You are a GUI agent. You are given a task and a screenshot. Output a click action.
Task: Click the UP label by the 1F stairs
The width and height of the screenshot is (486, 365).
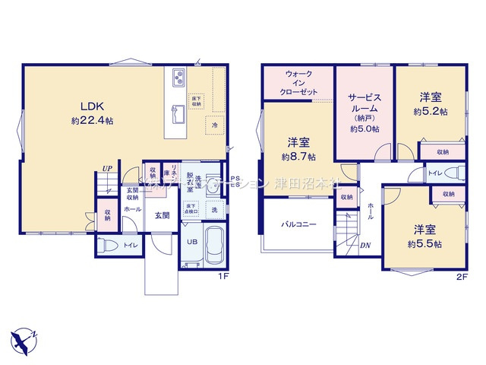pos(108,170)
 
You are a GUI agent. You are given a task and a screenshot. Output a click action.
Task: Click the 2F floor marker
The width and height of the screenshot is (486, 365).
pos(461,277)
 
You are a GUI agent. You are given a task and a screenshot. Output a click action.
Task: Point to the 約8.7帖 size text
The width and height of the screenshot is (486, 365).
pos(297,156)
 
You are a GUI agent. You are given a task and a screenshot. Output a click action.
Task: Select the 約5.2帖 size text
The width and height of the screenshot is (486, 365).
pos(430,111)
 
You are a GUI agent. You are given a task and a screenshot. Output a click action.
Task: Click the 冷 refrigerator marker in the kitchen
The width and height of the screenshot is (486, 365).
pos(215,125)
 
